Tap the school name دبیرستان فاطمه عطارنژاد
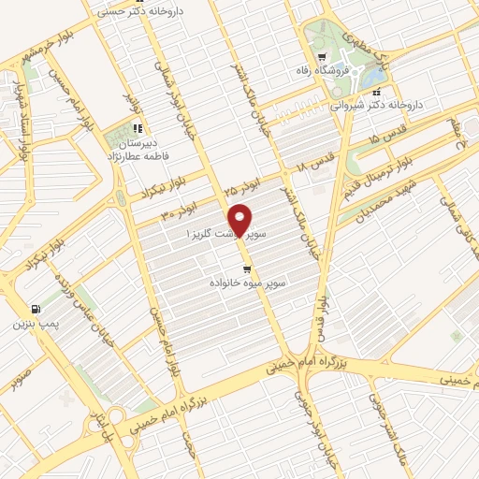pos(140,152)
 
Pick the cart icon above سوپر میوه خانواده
pos(246,268)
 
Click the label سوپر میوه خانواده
pos(248,281)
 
